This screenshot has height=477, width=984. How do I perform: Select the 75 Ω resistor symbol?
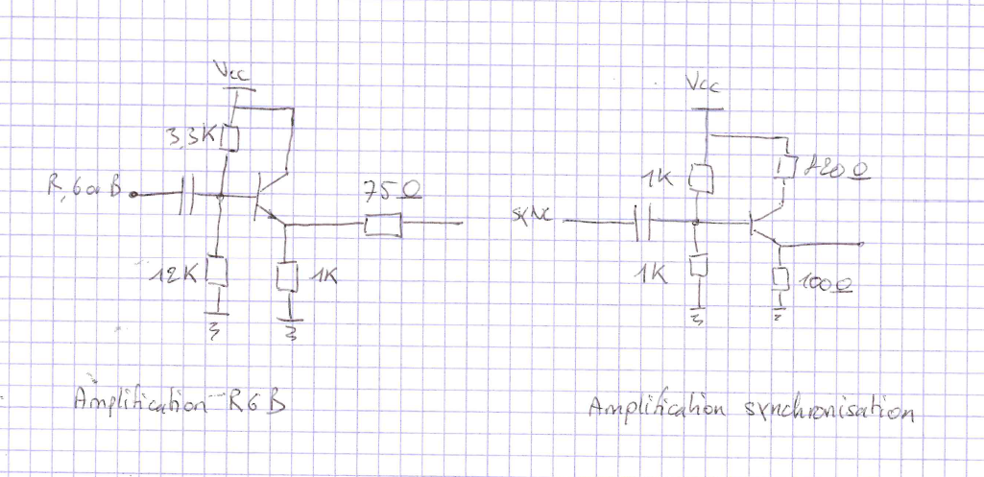[382, 226]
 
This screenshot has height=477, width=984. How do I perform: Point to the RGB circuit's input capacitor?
[189, 199]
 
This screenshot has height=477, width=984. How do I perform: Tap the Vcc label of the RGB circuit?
[234, 72]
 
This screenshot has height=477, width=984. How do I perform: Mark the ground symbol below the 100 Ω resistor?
[780, 313]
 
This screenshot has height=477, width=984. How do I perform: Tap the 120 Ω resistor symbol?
[784, 168]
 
